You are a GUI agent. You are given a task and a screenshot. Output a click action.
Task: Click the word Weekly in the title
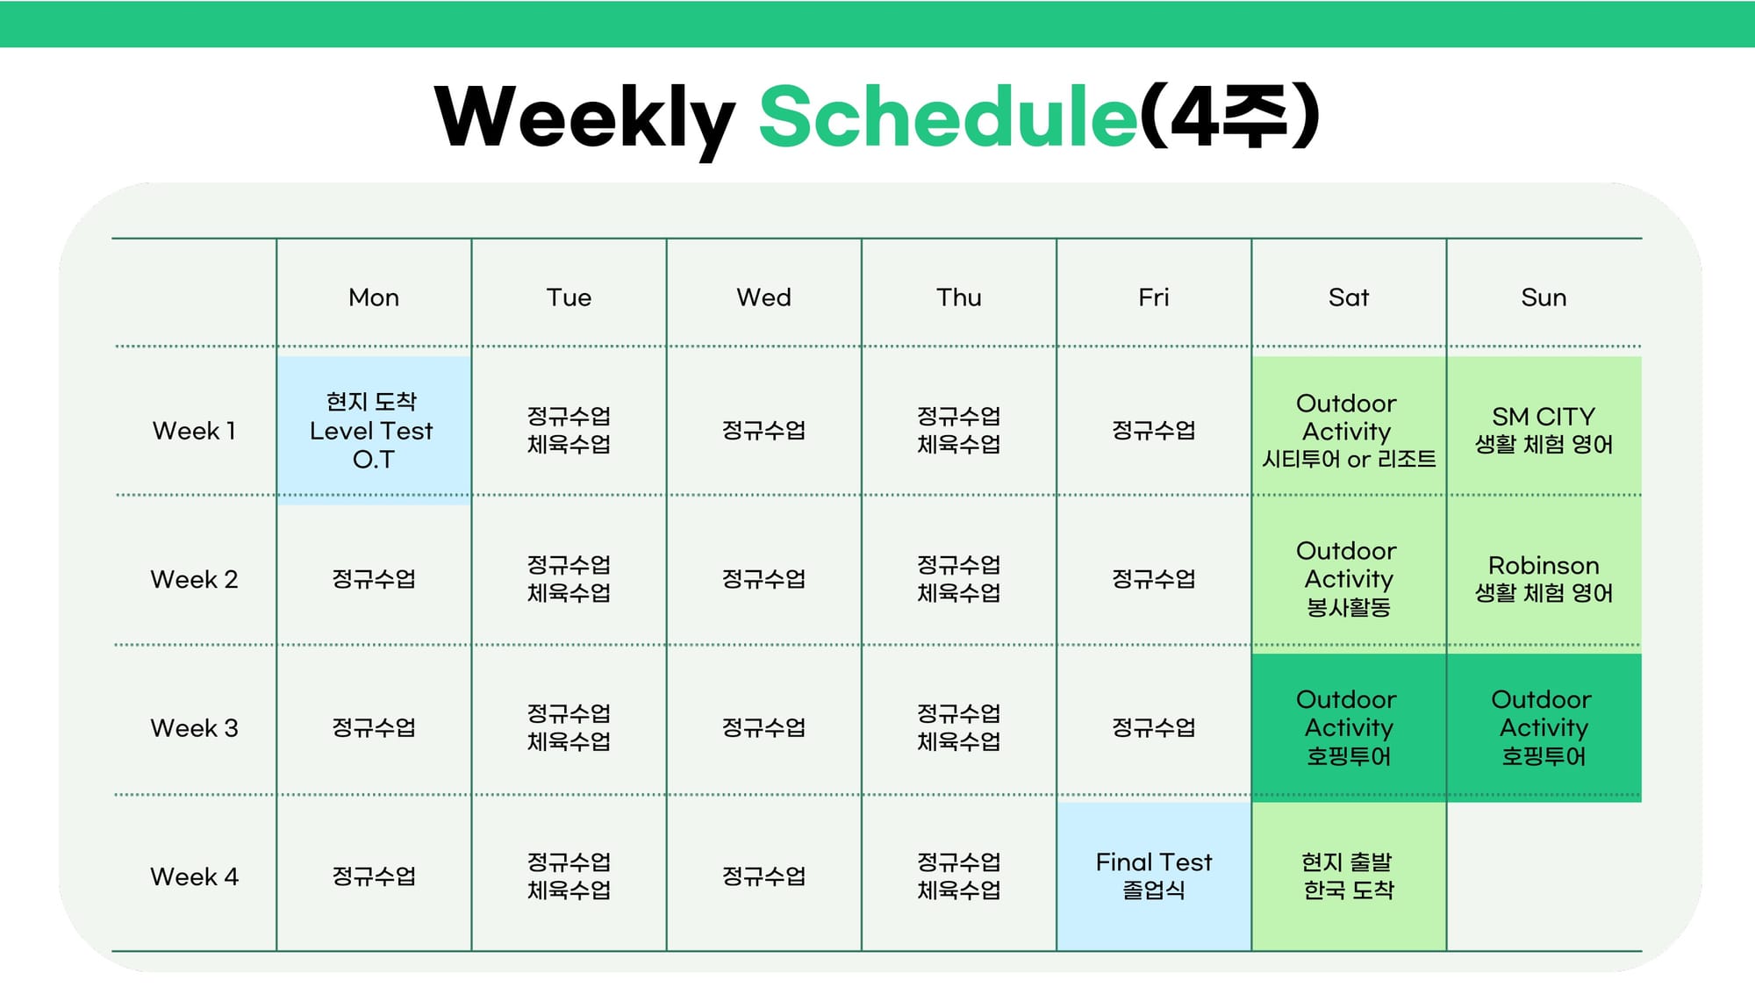(584, 118)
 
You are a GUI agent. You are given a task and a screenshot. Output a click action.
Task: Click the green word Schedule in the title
(949, 116)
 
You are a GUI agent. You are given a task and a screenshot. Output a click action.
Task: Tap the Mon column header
(374, 297)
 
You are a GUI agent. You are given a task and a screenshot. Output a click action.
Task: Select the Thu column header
(958, 297)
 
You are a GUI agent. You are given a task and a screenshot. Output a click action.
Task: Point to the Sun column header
(1544, 297)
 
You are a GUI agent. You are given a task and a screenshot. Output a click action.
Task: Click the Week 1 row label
(194, 431)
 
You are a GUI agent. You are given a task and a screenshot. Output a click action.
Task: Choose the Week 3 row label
(194, 728)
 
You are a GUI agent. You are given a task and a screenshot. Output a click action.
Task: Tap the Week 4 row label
(194, 876)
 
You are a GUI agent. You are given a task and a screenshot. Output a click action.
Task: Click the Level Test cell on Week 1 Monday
(374, 430)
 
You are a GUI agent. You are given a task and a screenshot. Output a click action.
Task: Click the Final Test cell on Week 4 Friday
(1154, 876)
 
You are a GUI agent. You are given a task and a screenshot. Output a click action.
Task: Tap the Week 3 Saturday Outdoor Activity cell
(1349, 727)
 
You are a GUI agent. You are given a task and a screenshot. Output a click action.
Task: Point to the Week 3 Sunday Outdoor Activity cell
(1544, 727)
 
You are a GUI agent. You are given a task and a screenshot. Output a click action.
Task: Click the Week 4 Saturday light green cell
(1349, 876)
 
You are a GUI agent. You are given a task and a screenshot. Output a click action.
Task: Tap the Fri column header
(1154, 297)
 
